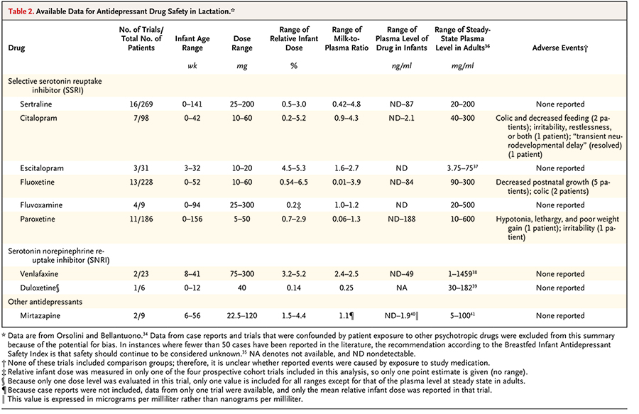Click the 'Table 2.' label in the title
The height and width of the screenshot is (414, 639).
click(21, 11)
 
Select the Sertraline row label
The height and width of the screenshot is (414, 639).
click(36, 104)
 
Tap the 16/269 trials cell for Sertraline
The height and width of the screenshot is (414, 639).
click(141, 104)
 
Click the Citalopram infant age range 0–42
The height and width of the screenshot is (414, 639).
click(192, 118)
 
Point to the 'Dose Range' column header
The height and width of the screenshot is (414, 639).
click(241, 43)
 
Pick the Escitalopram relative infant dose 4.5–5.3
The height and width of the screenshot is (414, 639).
click(293, 168)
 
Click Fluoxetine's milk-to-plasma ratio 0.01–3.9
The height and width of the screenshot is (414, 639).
click(346, 182)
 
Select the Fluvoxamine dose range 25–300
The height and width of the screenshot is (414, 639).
click(241, 205)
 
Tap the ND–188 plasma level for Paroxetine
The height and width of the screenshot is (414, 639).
click(401, 219)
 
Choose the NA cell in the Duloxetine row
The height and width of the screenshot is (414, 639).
click(401, 288)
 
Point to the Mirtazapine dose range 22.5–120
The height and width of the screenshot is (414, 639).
click(241, 315)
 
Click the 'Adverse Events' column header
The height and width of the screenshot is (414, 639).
click(559, 48)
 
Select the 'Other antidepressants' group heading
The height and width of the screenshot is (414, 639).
click(45, 302)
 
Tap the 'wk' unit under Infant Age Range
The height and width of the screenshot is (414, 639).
click(192, 65)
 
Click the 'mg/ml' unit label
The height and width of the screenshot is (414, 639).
click(462, 65)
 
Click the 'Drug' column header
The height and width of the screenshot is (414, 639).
click(16, 48)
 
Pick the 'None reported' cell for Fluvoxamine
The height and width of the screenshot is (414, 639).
click(560, 205)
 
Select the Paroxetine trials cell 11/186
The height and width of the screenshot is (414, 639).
click(141, 219)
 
